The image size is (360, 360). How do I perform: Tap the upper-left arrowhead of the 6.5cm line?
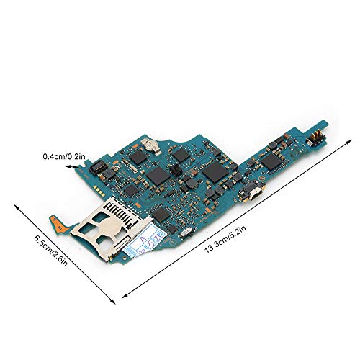15,204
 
